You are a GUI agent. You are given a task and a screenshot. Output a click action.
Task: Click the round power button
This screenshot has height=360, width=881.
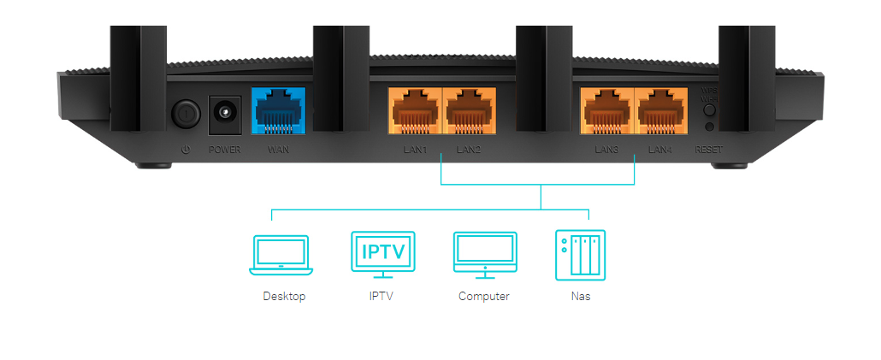(x=185, y=112)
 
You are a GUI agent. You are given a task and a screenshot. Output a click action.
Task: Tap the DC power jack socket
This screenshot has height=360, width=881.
(x=225, y=113)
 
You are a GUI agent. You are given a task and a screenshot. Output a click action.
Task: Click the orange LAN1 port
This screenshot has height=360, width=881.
(x=414, y=112)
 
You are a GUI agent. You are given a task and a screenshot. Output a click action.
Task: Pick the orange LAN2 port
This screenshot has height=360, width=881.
(x=468, y=112)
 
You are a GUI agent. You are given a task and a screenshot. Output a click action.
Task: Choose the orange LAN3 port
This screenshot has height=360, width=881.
(x=606, y=112)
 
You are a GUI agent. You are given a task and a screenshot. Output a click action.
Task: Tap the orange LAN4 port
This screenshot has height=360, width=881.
(x=659, y=112)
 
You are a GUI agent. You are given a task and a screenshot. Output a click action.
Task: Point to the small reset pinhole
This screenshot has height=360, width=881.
(x=709, y=127)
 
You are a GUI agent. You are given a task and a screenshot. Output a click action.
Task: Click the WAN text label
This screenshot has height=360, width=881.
(x=279, y=150)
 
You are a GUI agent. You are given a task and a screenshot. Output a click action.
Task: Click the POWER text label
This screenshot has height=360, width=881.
(x=225, y=150)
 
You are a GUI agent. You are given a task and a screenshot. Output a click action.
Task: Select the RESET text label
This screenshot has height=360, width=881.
(x=708, y=150)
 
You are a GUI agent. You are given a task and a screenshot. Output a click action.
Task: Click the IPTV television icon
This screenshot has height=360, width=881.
(x=383, y=253)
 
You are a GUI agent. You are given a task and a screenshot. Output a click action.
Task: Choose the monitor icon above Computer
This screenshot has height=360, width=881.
(x=485, y=253)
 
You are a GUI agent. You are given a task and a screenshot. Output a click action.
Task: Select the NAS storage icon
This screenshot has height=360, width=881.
(x=580, y=254)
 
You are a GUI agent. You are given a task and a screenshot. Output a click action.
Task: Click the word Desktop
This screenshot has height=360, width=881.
(x=283, y=297)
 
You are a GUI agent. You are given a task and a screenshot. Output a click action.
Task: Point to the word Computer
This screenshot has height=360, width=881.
(x=483, y=297)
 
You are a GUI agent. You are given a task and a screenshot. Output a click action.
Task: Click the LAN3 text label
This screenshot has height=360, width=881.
(x=606, y=150)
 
